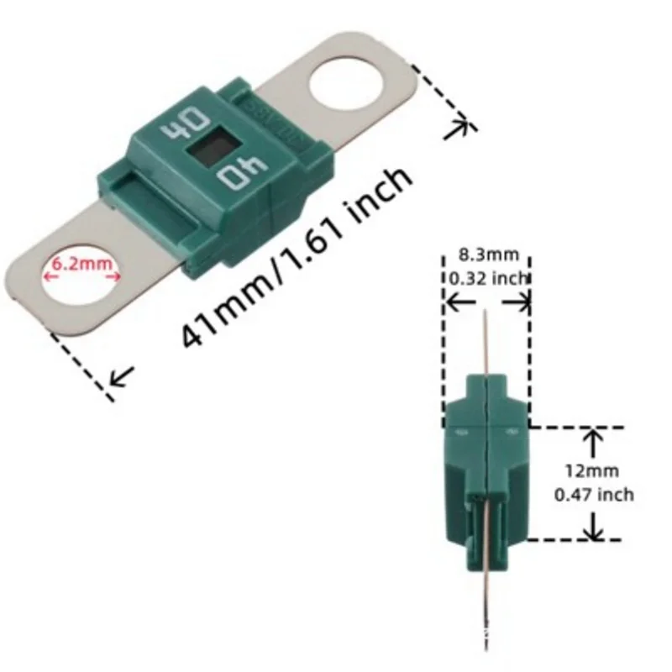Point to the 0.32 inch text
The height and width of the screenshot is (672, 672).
(487, 278)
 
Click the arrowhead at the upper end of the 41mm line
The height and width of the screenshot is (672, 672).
(460, 127)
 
